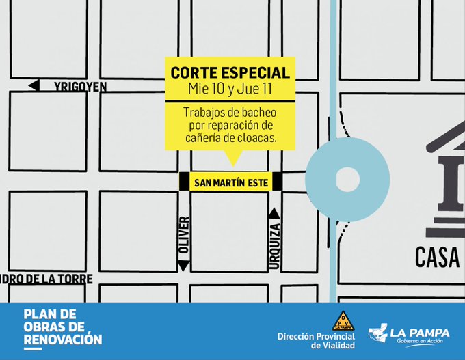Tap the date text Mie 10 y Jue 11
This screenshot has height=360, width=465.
(229, 89)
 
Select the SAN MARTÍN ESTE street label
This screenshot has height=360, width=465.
(229, 182)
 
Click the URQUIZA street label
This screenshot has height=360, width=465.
(275, 245)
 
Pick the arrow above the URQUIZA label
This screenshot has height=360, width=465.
(275, 213)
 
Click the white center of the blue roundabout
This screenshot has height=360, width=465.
(347, 181)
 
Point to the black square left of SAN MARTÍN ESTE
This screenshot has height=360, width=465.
(184, 182)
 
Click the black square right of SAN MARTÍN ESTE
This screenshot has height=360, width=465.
(276, 182)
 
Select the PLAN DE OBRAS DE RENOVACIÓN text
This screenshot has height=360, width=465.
(62, 327)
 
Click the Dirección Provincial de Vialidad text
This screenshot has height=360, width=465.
(313, 340)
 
